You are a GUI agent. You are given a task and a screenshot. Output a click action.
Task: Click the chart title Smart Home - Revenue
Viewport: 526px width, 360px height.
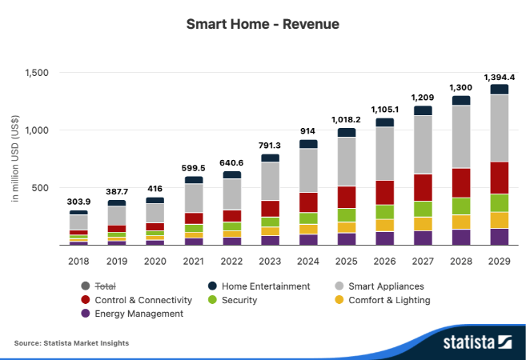pyautogui.click(x=263, y=24)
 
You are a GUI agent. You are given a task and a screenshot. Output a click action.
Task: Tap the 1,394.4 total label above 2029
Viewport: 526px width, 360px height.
pyautogui.click(x=500, y=77)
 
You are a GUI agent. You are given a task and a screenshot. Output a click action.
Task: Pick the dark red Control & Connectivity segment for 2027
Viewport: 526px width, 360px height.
pyautogui.click(x=423, y=187)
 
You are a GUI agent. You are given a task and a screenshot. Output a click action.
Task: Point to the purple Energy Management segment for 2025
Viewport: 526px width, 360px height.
pyautogui.click(x=347, y=238)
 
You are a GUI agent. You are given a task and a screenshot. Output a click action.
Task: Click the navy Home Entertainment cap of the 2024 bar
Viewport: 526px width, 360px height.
pyautogui.click(x=308, y=144)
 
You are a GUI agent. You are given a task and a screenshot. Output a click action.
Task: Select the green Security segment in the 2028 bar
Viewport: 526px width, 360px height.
pyautogui.click(x=461, y=206)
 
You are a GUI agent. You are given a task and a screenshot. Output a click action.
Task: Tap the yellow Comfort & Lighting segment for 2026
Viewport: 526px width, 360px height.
pyautogui.click(x=384, y=225)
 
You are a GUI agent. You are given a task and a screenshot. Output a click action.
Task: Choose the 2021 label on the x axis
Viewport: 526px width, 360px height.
pyautogui.click(x=193, y=261)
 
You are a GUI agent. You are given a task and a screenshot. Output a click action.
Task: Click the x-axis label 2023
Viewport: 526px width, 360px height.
pyautogui.click(x=270, y=261)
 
